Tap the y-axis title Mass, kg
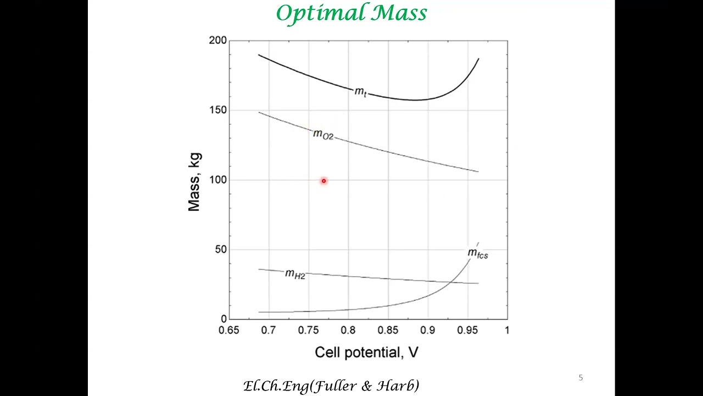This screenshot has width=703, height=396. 194,182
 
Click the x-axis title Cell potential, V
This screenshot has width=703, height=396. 366,353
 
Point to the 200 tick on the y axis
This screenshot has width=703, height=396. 217,41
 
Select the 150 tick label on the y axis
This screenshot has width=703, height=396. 217,110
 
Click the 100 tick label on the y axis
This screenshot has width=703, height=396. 217,180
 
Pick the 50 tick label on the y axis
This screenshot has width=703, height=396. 220,250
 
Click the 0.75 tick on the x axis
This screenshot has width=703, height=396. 308,331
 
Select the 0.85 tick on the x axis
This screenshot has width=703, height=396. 388,331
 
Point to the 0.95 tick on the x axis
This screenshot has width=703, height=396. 467,331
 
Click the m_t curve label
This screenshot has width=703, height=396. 360,92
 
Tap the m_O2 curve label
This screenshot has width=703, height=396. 323,135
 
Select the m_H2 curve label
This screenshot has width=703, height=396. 295,274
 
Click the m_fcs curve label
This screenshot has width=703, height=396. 477,254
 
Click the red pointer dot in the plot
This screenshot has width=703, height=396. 323,181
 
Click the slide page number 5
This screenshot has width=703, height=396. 581,378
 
